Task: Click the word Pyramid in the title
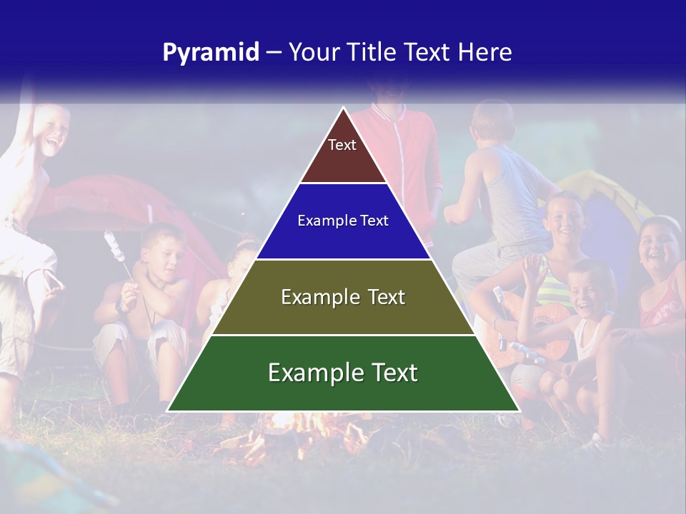point(210,53)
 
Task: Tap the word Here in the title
point(484,53)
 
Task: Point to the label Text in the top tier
point(342,145)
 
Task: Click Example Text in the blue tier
point(343,221)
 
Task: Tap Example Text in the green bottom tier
point(343,373)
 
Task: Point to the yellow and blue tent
point(600,193)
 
